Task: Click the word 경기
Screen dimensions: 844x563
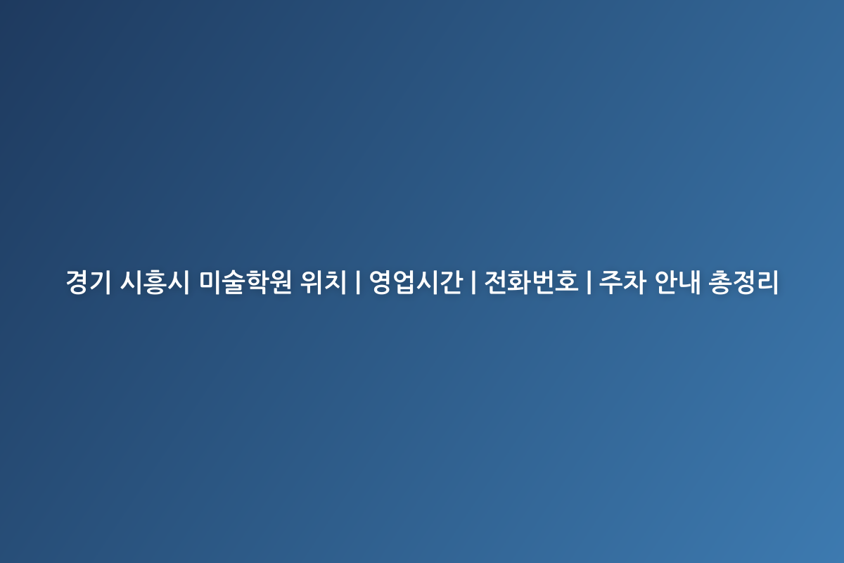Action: click(88, 281)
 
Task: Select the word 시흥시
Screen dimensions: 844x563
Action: click(154, 281)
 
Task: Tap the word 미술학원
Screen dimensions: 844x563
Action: click(245, 281)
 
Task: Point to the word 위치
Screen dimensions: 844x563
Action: click(323, 281)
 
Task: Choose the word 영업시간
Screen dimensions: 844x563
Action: click(416, 281)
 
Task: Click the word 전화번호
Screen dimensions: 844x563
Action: click(531, 281)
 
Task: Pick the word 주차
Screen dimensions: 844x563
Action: click(622, 281)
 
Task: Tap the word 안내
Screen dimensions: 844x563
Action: click(677, 281)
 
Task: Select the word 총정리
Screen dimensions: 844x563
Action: click(743, 281)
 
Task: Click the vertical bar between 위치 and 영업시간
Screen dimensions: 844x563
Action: click(357, 282)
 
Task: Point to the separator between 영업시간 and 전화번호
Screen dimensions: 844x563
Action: click(473, 282)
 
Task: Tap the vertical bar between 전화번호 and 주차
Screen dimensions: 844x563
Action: click(589, 282)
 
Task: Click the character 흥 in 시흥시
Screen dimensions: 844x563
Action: click(154, 281)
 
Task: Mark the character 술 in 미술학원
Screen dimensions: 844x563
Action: click(234, 281)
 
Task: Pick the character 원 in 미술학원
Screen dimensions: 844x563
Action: click(280, 281)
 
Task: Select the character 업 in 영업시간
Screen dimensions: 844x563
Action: click(404, 281)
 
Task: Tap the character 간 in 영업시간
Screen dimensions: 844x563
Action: click(451, 281)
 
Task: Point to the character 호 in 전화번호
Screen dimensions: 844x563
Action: click(566, 281)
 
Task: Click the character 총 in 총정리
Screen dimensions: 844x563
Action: click(720, 281)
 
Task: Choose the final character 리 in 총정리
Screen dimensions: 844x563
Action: click(767, 281)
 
